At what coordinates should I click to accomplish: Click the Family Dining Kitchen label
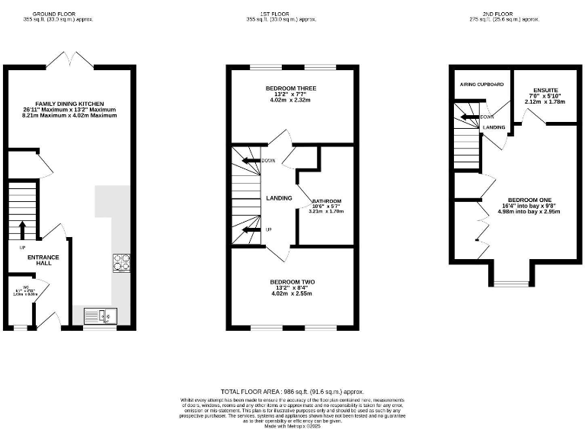69,104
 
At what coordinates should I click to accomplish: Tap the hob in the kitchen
121,261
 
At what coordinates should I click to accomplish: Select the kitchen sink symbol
97,315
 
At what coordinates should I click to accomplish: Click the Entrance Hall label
39,261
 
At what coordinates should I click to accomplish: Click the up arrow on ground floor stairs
22,229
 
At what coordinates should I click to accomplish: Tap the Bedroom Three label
292,88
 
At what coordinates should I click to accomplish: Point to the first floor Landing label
279,198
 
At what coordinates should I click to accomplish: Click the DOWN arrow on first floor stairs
249,160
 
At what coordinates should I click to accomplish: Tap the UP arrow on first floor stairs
249,229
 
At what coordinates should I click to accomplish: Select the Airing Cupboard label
481,84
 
